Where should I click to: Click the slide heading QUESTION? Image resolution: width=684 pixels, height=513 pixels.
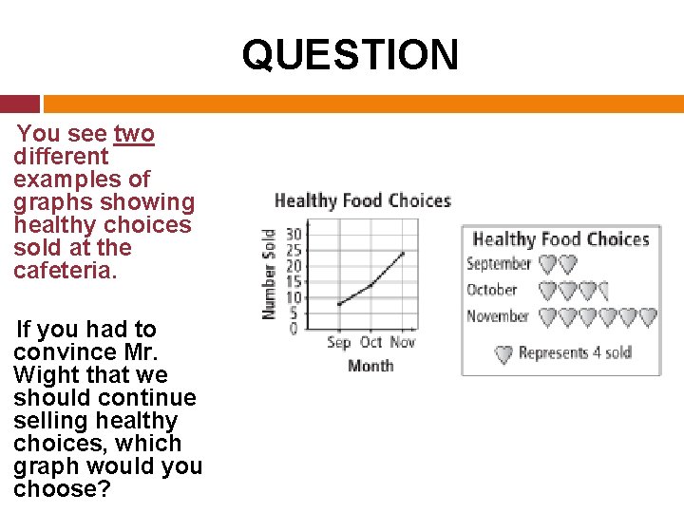pos(350,54)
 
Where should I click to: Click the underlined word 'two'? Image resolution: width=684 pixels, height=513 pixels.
pos(133,134)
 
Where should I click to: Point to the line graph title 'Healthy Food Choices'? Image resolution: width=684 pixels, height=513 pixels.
pos(362,200)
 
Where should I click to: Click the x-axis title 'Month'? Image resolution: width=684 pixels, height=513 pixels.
pos(370,365)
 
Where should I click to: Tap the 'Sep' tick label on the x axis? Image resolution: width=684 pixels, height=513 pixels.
pos(339,342)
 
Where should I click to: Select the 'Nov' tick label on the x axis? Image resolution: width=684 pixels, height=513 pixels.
pos(403,342)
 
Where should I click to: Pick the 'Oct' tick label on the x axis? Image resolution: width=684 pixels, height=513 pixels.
pos(371,342)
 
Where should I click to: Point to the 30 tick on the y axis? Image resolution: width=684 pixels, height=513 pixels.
pos(294,234)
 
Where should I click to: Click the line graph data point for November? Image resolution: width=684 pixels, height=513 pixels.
pos(403,253)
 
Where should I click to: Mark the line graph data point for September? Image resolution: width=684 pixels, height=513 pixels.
pos(339,304)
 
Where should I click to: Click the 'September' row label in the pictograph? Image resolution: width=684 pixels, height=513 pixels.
pos(498,264)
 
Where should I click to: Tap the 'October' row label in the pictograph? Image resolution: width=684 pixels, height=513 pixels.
pos(492,290)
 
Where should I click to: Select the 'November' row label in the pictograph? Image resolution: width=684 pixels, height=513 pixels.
pos(497,316)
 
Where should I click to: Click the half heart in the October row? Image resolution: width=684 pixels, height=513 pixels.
pos(605,291)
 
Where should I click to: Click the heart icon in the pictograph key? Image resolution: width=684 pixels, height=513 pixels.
pos(504,354)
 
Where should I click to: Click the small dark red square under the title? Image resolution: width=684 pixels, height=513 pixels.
pos(20,104)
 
